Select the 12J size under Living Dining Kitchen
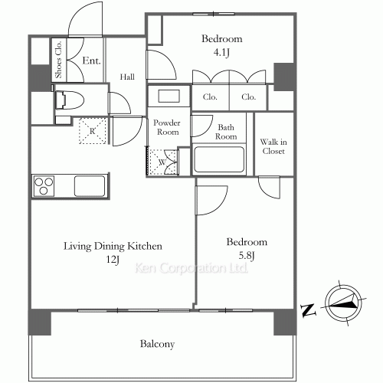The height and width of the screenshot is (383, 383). coord(113,260)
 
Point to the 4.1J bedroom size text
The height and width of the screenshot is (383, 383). coord(222,54)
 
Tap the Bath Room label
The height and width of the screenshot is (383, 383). coord(226,133)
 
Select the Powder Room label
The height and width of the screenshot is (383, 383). coord(166,127)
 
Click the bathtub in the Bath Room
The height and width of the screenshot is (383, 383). coord(218,160)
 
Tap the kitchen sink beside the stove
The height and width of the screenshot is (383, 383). coord(90,186)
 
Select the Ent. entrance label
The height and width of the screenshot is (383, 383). coord(92,61)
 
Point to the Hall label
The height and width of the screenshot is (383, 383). coord(127,77)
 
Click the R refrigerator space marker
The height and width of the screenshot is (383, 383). coord(92,131)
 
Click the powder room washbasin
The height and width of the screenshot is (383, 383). coord(167,96)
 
